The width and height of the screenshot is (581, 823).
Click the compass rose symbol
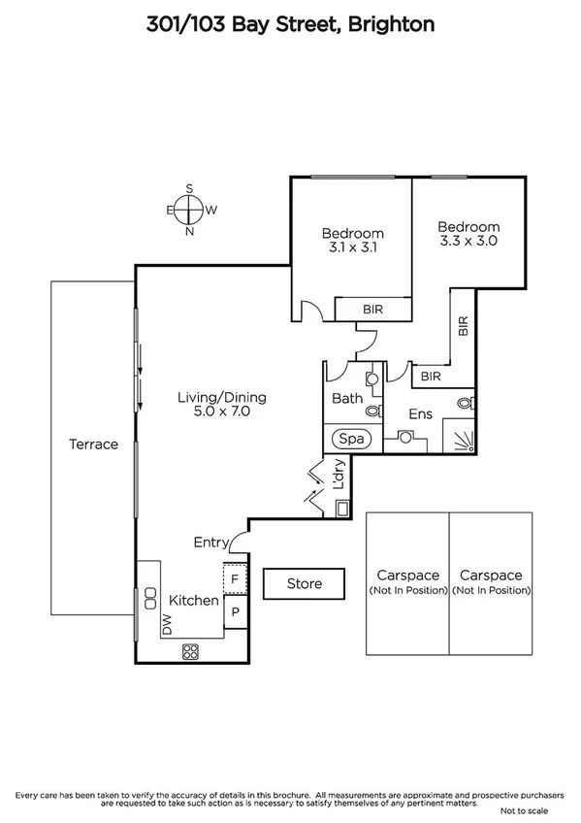[x=190, y=210]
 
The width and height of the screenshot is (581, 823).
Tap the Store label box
[x=305, y=584]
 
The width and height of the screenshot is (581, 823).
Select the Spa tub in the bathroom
[x=352, y=439]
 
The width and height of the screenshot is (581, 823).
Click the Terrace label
[x=93, y=444]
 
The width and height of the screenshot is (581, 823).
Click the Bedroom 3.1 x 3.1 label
[x=352, y=240]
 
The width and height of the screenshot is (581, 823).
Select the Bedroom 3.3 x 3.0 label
[x=468, y=234]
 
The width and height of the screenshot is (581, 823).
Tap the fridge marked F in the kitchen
[x=235, y=579]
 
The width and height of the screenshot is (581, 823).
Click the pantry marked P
[x=235, y=611]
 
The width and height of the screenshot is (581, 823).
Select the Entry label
[x=211, y=543]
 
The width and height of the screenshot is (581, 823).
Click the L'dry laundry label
[x=339, y=478]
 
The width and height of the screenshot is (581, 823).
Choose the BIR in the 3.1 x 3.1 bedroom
[x=372, y=309]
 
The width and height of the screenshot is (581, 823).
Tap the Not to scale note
[x=525, y=809]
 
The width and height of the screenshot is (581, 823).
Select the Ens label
[x=420, y=414]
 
